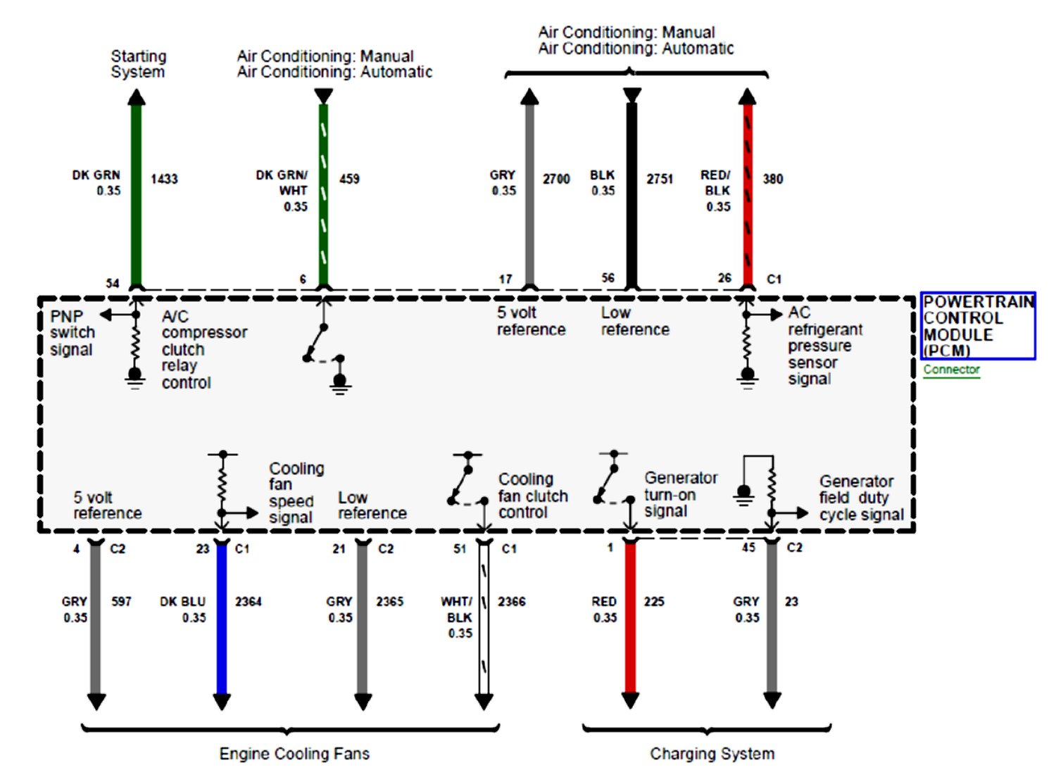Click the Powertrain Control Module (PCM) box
977,326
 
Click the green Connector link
951,369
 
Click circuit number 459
349,179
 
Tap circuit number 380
772,179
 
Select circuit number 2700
556,179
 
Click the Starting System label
138,64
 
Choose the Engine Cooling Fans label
294,754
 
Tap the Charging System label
712,754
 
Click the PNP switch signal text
72,333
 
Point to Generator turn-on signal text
680,494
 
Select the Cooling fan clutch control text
533,496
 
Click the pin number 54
113,283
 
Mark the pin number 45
748,548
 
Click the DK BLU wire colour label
182,602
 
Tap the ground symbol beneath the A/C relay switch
341,383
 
